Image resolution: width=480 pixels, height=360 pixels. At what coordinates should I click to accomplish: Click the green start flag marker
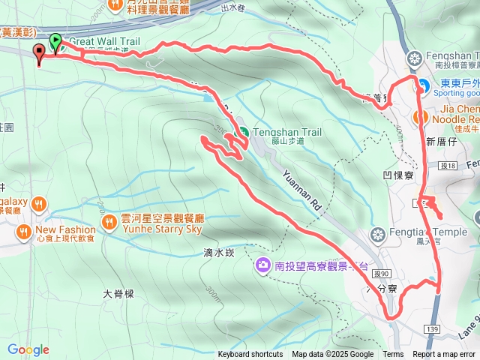[55, 42]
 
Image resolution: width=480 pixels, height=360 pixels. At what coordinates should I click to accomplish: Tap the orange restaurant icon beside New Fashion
[25, 230]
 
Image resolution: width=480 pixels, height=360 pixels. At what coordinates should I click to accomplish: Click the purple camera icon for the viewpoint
[262, 265]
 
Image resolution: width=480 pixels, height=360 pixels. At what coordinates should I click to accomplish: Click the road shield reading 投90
[382, 274]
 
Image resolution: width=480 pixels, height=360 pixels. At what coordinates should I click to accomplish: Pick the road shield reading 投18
[449, 165]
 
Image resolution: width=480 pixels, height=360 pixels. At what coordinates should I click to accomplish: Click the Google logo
[28, 349]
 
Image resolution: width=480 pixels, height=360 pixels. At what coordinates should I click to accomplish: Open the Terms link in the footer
[393, 355]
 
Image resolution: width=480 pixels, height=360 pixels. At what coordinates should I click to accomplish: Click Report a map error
[444, 355]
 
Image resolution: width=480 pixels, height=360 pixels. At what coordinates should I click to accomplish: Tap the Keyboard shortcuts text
[250, 355]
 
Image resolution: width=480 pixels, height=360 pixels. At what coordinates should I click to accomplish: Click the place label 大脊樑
[119, 293]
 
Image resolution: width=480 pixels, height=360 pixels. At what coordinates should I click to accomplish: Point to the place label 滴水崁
[219, 253]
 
